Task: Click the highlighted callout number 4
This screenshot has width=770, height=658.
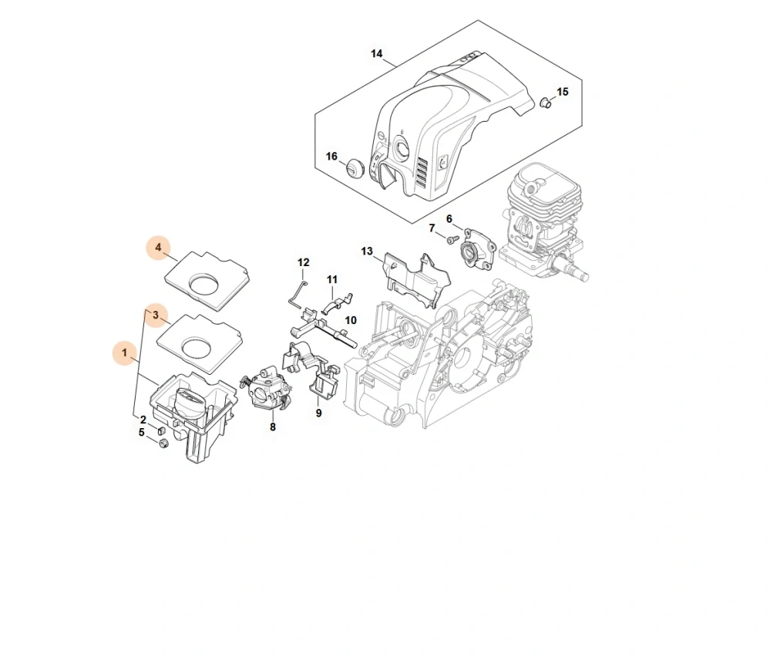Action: tap(158, 248)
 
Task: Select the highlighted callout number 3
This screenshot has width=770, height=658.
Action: tap(156, 314)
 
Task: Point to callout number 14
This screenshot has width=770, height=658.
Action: tap(376, 53)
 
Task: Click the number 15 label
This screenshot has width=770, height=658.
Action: tap(563, 92)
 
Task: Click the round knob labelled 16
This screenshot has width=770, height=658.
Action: tap(356, 166)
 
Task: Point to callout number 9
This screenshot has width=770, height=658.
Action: tap(318, 413)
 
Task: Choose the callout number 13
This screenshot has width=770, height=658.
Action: tap(367, 251)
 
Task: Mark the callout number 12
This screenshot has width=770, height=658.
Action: tap(303, 262)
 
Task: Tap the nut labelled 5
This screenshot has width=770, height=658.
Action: tap(163, 444)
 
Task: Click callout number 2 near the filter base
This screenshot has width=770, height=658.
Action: tap(143, 419)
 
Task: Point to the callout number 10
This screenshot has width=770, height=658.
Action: tap(351, 319)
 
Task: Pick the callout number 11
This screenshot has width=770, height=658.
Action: tap(332, 279)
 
